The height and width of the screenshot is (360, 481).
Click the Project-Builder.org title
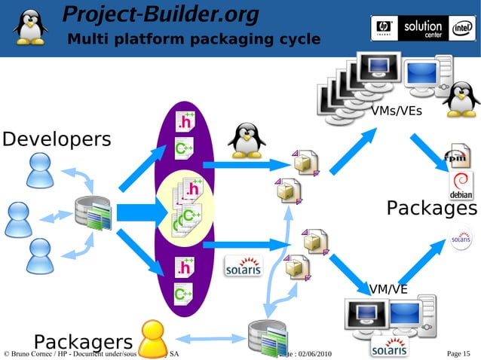click(160, 14)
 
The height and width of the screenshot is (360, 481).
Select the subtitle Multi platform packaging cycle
click(194, 39)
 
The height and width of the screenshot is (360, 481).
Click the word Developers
click(57, 140)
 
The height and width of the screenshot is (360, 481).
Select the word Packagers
click(83, 340)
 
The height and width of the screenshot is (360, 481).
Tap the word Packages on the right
click(431, 208)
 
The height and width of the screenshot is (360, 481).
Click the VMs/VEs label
click(397, 111)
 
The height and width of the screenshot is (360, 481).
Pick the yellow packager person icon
click(152, 337)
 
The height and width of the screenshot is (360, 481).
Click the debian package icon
click(461, 185)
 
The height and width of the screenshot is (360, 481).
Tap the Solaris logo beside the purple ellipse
click(244, 267)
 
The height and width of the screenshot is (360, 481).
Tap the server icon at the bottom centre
click(267, 339)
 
